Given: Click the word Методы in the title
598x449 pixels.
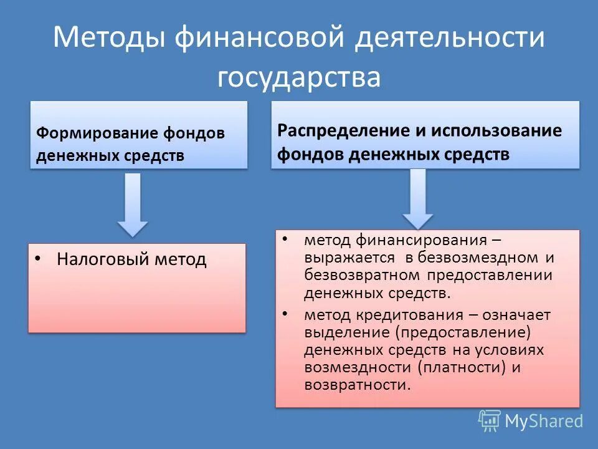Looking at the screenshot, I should (109, 38).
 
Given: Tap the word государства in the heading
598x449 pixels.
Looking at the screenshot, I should (298, 78).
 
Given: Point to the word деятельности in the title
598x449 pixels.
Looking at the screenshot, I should (450, 38).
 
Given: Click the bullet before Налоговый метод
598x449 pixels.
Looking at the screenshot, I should (39, 258).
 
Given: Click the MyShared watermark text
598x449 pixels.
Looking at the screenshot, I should (543, 421).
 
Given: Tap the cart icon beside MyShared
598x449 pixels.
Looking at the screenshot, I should (490, 420).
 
